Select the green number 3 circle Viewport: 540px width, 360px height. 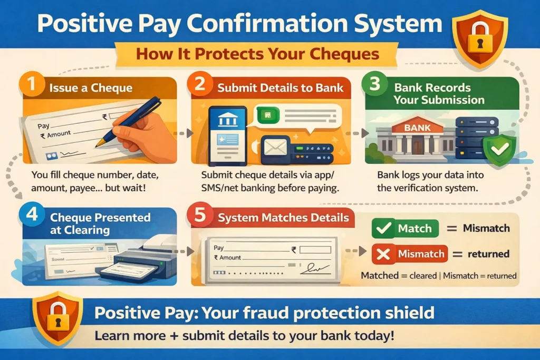tap(377, 85)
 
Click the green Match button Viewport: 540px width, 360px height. tap(405, 229)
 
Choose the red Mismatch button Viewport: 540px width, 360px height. tap(409, 254)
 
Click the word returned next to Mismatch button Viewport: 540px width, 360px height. tap(488, 254)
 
